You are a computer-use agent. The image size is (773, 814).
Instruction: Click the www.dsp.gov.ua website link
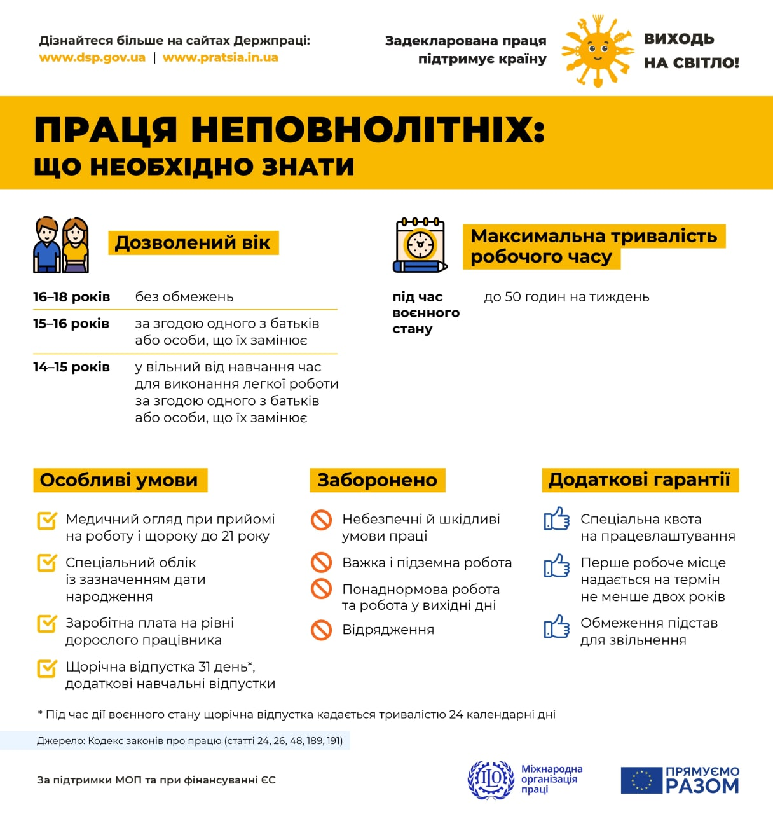[92, 58]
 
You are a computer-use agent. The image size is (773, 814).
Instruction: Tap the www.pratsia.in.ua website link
[220, 58]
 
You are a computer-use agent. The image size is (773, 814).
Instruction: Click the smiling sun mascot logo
[596, 52]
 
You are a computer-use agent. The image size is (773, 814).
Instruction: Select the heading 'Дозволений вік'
[193, 243]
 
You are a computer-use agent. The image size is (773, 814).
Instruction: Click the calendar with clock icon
[420, 245]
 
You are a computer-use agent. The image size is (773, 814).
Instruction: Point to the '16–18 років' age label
[71, 297]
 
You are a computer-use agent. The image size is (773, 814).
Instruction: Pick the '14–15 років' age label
[71, 367]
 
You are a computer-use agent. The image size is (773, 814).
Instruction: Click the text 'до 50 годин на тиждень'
[566, 297]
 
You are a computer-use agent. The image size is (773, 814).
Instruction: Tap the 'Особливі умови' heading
[119, 480]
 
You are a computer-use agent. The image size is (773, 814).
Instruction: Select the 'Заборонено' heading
[377, 480]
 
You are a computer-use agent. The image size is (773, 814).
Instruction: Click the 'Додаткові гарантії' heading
[640, 479]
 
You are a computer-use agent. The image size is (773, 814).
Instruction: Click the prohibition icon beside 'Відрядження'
[321, 630]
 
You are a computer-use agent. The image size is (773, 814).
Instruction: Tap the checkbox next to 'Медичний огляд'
[47, 520]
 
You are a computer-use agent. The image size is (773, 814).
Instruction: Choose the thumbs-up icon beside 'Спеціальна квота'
[556, 519]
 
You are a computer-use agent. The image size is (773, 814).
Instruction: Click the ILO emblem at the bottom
[491, 780]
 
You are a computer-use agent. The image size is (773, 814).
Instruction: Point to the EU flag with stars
[641, 780]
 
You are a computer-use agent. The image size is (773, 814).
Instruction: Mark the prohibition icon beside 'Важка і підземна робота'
[321, 562]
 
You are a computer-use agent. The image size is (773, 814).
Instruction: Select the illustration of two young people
[61, 245]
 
